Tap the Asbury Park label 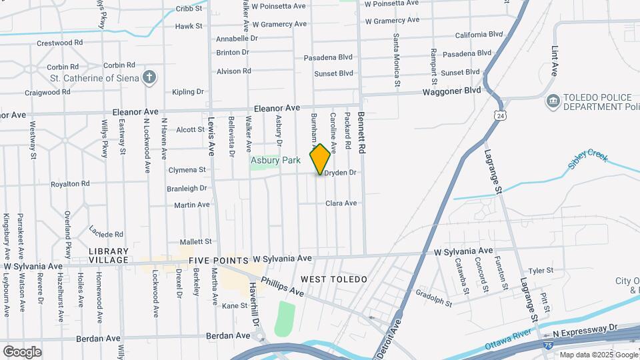pos(275,161)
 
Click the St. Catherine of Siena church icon pos(149,78)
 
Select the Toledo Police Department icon pos(552,102)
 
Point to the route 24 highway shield pos(499,115)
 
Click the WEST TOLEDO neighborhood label pos(333,279)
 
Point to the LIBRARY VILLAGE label pos(108,255)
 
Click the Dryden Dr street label pos(341,173)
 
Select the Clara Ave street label pos(341,203)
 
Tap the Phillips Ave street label pos(282,287)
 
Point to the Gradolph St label pos(433,298)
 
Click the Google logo pos(22,352)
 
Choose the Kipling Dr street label pos(187,92)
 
